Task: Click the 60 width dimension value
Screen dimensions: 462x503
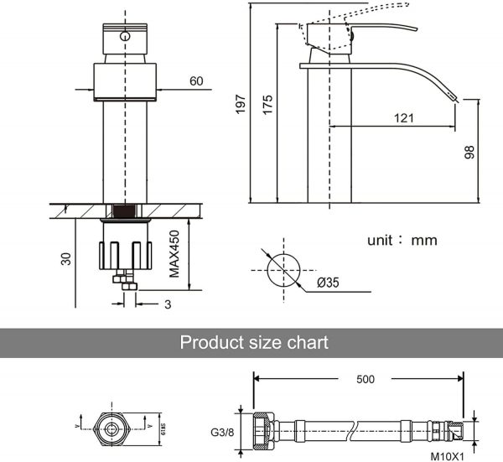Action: (196, 81)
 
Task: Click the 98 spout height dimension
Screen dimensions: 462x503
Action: (469, 151)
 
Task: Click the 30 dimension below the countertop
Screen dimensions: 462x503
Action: (65, 261)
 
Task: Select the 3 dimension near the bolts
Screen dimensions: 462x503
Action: (167, 304)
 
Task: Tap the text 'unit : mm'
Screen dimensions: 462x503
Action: (402, 240)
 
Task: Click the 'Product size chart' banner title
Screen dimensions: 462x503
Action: (254, 342)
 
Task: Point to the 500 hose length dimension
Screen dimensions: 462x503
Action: (365, 379)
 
